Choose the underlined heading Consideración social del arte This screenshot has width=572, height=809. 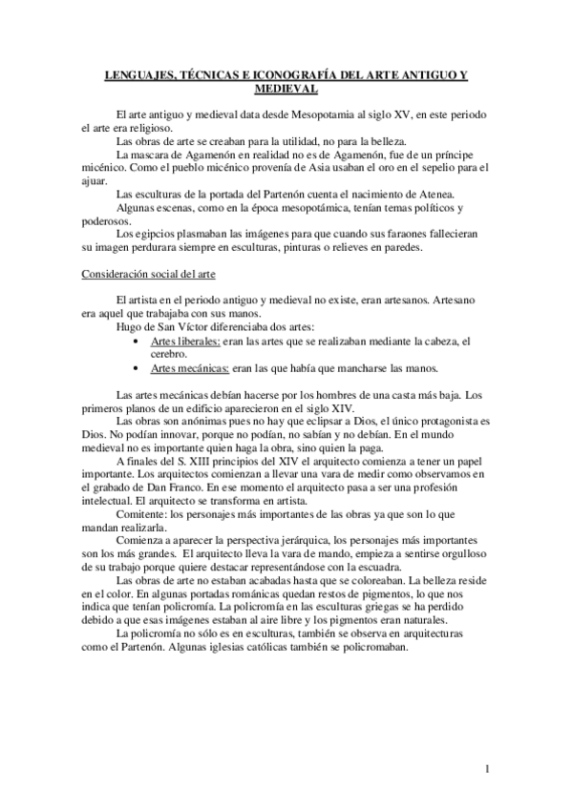(148, 275)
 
